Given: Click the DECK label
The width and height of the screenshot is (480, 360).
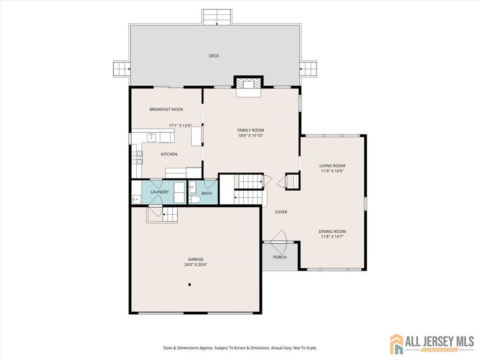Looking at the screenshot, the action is pyautogui.click(x=214, y=56).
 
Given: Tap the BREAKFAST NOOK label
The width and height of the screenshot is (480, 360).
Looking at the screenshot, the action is pyautogui.click(x=166, y=109).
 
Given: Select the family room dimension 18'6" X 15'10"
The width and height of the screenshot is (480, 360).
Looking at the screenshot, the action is pyautogui.click(x=251, y=135).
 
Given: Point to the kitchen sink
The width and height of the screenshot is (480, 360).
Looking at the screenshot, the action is pyautogui.click(x=151, y=138).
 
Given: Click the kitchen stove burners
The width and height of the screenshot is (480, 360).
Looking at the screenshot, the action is pyautogui.click(x=137, y=157).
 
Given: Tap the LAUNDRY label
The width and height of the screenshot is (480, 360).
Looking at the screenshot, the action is pyautogui.click(x=160, y=192).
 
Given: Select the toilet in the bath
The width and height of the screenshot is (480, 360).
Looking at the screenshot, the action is pyautogui.click(x=194, y=200).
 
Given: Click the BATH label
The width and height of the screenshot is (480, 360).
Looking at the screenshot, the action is pyautogui.click(x=207, y=193).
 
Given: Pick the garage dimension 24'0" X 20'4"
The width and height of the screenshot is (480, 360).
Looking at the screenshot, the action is pyautogui.click(x=195, y=264).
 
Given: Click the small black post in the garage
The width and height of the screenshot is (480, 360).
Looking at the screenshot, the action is pyautogui.click(x=190, y=285).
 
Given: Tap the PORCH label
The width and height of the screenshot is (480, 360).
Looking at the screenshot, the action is pyautogui.click(x=280, y=257).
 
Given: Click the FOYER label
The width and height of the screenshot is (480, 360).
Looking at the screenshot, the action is pyautogui.click(x=281, y=212).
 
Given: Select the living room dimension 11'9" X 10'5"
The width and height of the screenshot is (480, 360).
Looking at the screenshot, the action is pyautogui.click(x=332, y=171).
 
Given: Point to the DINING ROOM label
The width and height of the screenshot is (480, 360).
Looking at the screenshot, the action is pyautogui.click(x=332, y=232).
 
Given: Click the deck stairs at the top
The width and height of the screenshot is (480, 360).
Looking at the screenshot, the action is pyautogui.click(x=217, y=17).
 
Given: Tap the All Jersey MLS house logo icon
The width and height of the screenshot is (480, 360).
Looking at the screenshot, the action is pyautogui.click(x=397, y=344).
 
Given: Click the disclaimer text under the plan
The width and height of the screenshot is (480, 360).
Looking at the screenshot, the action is pyautogui.click(x=240, y=348).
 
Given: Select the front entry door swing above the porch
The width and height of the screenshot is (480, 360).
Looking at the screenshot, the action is pyautogui.click(x=279, y=236).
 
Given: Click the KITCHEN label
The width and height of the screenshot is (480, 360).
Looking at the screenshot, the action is pyautogui.click(x=169, y=154).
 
